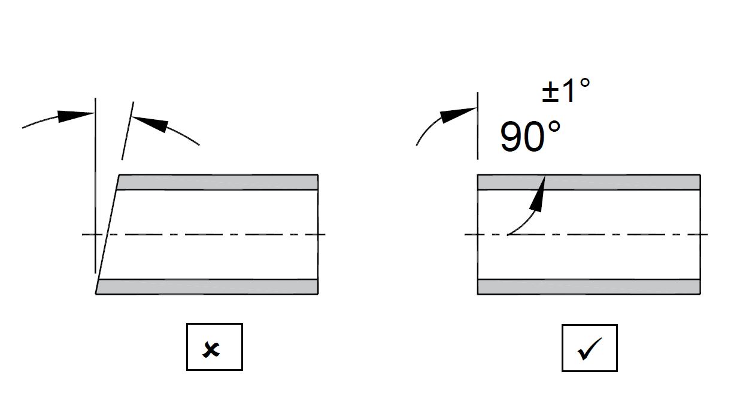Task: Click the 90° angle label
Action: pos(530,137)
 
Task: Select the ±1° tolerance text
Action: pos(565,90)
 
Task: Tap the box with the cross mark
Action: pos(214,347)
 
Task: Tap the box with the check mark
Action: pos(589,348)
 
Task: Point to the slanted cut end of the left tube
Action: pos(108,234)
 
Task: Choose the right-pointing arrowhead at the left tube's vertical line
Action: pos(75,115)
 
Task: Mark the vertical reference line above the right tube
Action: pos(477,126)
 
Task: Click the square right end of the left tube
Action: pos(317,234)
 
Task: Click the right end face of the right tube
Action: pos(700,234)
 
